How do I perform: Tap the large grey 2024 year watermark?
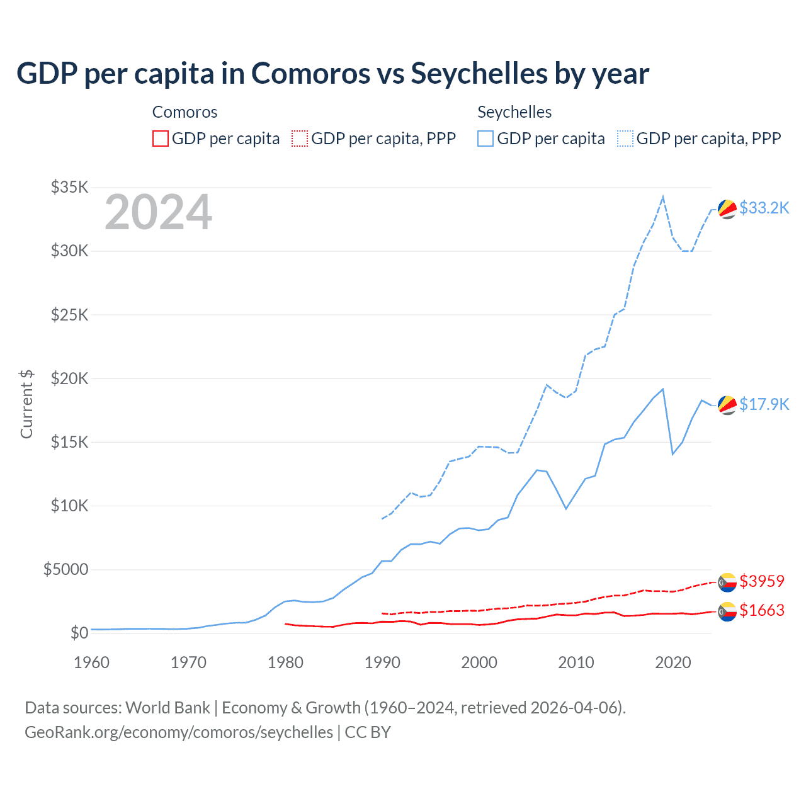click(158, 213)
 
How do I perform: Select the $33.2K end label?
click(764, 208)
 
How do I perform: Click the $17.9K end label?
click(764, 404)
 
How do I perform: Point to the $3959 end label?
click(762, 581)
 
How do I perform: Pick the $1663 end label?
click(762, 610)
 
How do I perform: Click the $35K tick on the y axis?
click(70, 187)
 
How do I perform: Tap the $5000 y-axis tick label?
click(65, 570)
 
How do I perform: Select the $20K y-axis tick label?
click(70, 378)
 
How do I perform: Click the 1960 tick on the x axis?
click(91, 662)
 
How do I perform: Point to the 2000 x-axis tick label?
click(479, 662)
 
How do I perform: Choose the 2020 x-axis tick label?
click(673, 662)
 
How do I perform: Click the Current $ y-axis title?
click(26, 404)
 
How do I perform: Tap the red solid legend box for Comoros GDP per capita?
click(161, 139)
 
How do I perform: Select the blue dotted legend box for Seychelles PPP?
click(625, 139)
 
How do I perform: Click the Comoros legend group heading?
click(184, 113)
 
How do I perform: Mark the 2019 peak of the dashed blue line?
click(662, 197)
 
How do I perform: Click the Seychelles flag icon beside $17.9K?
click(727, 405)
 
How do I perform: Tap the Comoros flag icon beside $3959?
click(727, 582)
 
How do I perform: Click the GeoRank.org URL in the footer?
click(179, 732)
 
